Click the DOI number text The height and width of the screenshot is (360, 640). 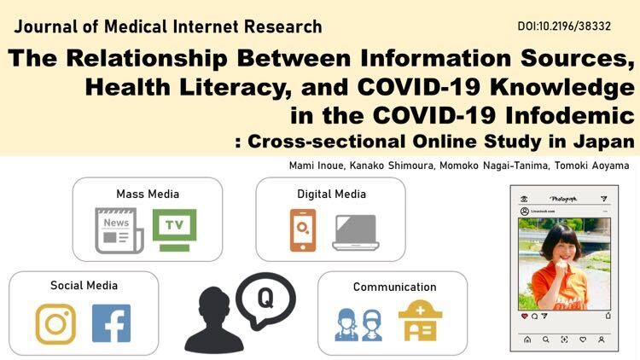pos(564,26)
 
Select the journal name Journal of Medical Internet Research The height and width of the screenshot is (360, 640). pos(168,27)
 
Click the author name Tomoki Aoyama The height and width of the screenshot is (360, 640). pos(591,165)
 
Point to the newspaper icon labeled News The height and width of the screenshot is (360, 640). pos(119,230)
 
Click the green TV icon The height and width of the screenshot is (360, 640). pos(174,229)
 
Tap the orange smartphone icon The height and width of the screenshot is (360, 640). pos(303,229)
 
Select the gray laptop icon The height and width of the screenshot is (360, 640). pos(356,233)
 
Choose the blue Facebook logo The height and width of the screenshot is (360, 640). pos(112,322)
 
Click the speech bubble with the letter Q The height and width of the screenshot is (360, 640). pos(265,299)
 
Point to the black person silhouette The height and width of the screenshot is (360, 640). pos(214,320)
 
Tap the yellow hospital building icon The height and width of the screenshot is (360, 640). pos(421,321)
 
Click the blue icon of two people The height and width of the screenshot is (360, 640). pos(358,325)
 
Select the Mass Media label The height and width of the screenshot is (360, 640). pos(148,194)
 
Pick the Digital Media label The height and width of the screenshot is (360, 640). pos(331,194)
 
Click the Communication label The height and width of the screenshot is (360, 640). pos(395,287)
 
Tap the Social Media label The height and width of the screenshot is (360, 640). pos(84,285)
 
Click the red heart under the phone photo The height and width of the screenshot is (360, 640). pos(525,316)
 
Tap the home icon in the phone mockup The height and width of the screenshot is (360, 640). pos(527,340)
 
